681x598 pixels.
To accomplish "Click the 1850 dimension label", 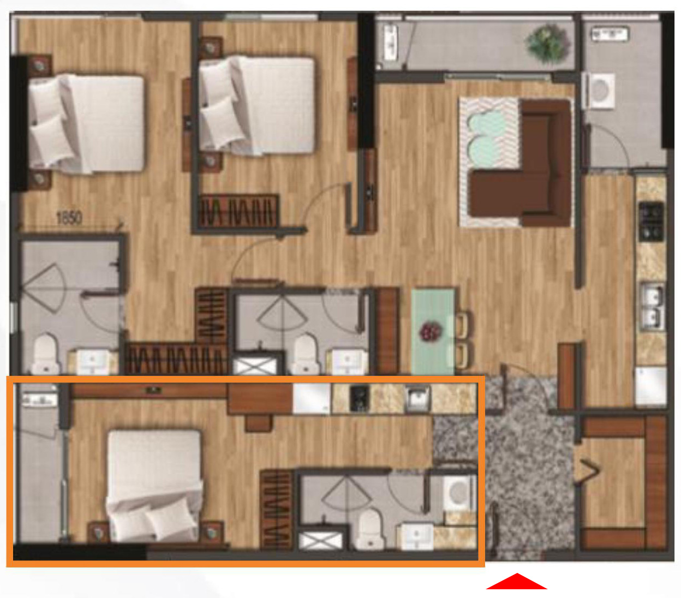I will (x=69, y=218).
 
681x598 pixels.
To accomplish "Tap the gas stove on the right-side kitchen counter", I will (x=651, y=221).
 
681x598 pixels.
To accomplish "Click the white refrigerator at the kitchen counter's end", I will (x=650, y=385).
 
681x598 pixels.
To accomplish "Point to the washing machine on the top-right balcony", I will (x=601, y=91).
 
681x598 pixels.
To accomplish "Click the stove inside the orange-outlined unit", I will (x=360, y=398).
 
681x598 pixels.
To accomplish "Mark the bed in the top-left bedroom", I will (x=87, y=123).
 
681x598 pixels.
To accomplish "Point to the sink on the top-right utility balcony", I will (x=610, y=34).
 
